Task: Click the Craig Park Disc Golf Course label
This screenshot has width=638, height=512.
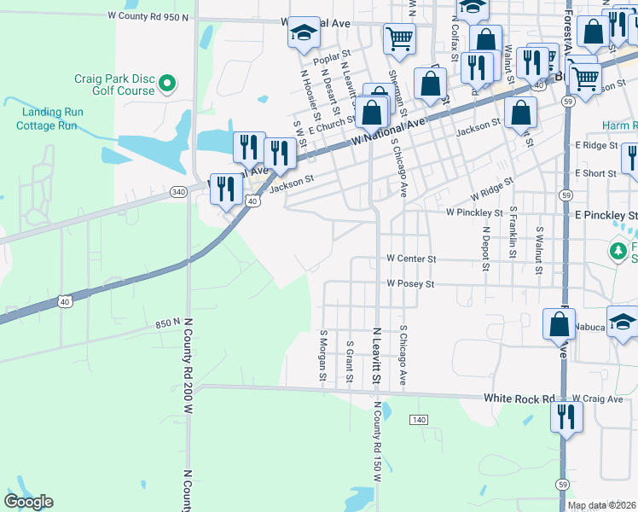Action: coord(113,84)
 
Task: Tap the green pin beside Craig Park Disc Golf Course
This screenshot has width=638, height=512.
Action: coord(168,84)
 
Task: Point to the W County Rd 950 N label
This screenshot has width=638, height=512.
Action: coord(148,16)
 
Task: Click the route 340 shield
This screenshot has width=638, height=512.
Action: coord(178,192)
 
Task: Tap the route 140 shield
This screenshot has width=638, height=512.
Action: coord(418,420)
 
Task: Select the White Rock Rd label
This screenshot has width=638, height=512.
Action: coord(519,398)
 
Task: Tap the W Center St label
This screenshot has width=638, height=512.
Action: coord(411,258)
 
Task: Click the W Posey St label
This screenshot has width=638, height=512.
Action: coord(410,283)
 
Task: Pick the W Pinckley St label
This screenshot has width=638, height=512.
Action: coord(474,212)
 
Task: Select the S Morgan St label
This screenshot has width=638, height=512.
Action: coord(323,357)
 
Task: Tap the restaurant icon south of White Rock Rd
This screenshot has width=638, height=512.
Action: coord(566,419)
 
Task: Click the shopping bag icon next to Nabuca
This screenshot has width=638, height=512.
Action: coord(560,326)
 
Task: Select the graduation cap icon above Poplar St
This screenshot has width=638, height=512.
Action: coord(301,34)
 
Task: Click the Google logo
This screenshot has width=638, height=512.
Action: coord(29,502)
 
